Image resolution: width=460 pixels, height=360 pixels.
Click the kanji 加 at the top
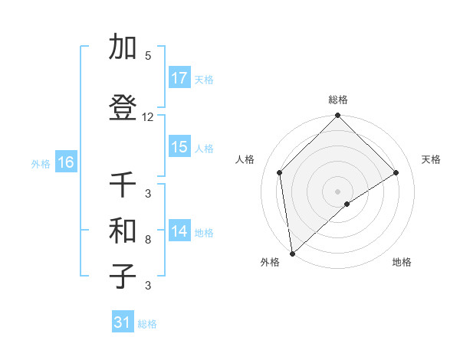(123, 49)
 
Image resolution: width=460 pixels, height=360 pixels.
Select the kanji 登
(123, 110)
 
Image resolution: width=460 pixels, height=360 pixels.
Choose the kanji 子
(123, 277)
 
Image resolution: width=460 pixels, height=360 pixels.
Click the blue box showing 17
(179, 78)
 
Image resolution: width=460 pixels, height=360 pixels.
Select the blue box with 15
(179, 148)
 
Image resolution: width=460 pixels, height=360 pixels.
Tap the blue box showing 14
(179, 231)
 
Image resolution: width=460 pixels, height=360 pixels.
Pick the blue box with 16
(66, 162)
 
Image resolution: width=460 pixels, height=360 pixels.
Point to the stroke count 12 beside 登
(148, 117)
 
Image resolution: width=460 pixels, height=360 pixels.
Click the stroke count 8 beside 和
(148, 240)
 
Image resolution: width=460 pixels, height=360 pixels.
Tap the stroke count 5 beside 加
(148, 56)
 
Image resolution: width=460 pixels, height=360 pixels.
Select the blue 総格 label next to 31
(147, 324)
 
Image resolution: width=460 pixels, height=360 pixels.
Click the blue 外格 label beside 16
(41, 163)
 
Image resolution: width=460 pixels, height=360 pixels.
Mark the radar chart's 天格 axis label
(431, 159)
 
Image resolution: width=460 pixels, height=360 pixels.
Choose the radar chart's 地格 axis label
(402, 262)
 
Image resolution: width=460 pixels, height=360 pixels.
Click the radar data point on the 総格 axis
(337, 116)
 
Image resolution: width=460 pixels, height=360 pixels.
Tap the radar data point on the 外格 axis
(291, 253)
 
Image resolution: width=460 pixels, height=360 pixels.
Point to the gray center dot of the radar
(337, 190)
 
